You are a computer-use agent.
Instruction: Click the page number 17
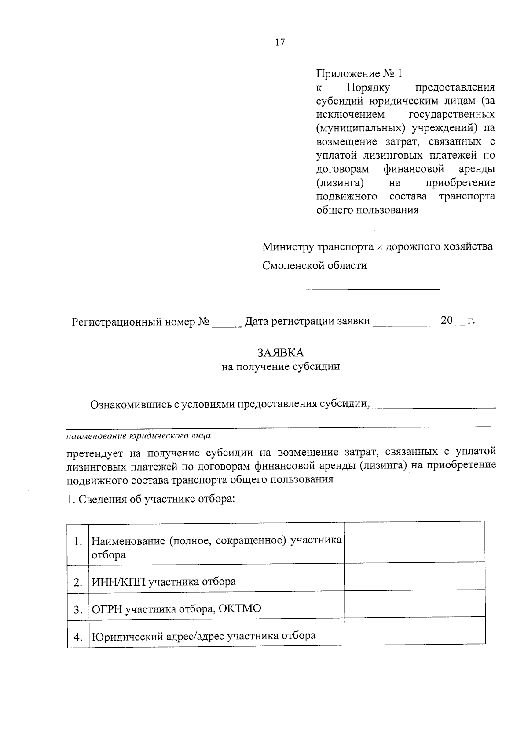pyautogui.click(x=280, y=43)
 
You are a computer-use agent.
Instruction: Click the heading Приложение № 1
pyautogui.click(x=359, y=73)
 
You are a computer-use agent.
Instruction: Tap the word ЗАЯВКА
pyautogui.click(x=280, y=353)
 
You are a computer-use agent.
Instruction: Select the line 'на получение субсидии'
pyautogui.click(x=280, y=366)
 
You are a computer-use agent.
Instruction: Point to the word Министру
pyautogui.click(x=288, y=246)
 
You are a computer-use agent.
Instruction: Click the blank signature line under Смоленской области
pyautogui.click(x=351, y=288)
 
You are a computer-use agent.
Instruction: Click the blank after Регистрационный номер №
pyautogui.click(x=227, y=326)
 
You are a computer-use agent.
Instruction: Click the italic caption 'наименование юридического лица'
pyautogui.click(x=138, y=436)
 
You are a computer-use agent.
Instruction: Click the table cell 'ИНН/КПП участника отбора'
pyautogui.click(x=163, y=582)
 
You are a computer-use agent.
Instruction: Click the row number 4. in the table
pyautogui.click(x=78, y=637)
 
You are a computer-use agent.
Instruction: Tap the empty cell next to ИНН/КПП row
pyautogui.click(x=414, y=579)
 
